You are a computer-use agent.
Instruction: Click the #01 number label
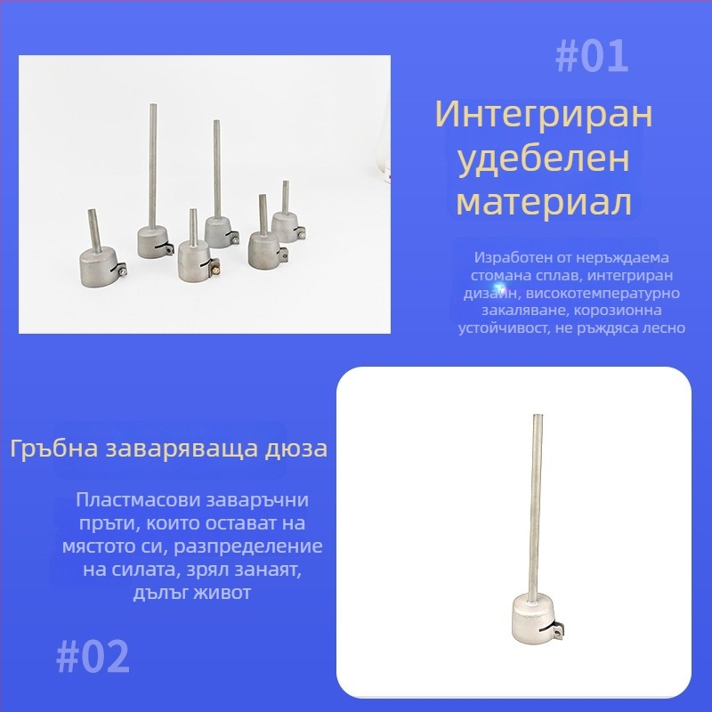click(x=592, y=57)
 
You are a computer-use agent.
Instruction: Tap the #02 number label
click(x=93, y=657)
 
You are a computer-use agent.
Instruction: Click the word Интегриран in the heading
click(x=544, y=115)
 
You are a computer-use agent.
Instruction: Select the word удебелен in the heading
click(x=544, y=159)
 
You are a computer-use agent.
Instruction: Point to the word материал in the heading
click(x=544, y=202)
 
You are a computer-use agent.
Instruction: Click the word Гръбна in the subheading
click(x=54, y=449)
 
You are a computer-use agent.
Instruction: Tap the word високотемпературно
click(x=603, y=294)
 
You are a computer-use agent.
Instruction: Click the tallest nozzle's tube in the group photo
click(x=153, y=165)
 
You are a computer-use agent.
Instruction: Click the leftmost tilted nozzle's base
click(x=98, y=270)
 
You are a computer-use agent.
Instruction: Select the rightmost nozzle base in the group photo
click(x=287, y=227)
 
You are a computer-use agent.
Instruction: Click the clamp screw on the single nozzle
click(x=556, y=632)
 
